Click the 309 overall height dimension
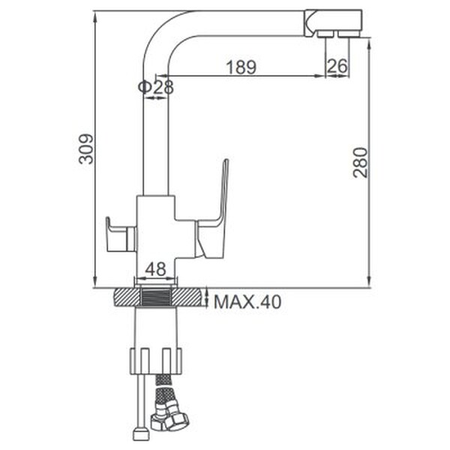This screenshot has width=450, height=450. tap(86, 148)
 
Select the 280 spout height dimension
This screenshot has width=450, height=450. tap(361, 163)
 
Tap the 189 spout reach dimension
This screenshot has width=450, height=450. tap(241, 67)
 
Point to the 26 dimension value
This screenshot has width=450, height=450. tap(337, 66)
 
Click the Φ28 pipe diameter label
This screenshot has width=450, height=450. tap(156, 87)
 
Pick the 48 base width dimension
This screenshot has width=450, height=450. tap(155, 269)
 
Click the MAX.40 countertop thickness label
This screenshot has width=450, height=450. tap(247, 302)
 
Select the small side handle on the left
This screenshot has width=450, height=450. tap(121, 235)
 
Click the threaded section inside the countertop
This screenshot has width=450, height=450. tap(156, 297)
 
